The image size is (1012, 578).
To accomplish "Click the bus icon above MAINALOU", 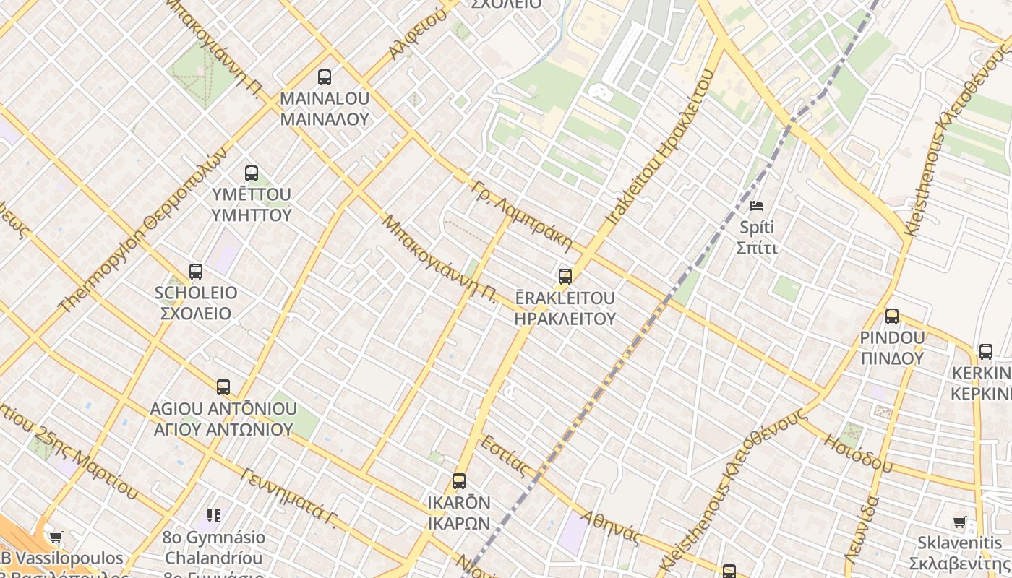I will click(x=325, y=77).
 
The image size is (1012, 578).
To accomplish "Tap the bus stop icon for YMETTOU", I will click(x=252, y=173).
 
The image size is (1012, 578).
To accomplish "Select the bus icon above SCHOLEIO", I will click(x=196, y=272).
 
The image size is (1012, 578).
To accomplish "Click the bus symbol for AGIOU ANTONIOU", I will click(x=223, y=387).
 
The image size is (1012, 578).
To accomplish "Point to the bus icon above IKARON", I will click(x=459, y=481).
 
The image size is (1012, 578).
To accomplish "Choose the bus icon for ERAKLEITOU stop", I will click(x=565, y=277).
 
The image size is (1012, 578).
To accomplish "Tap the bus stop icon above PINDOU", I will click(x=892, y=316).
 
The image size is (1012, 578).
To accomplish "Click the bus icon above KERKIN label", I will click(x=986, y=352).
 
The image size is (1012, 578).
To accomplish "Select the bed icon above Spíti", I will click(x=757, y=206).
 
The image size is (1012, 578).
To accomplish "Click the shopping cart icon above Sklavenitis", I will click(x=960, y=522).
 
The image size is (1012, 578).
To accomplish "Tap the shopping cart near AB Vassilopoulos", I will click(x=56, y=537).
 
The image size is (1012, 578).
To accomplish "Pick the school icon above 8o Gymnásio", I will click(x=214, y=516).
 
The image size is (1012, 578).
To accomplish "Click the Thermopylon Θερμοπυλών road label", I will click(x=142, y=231).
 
